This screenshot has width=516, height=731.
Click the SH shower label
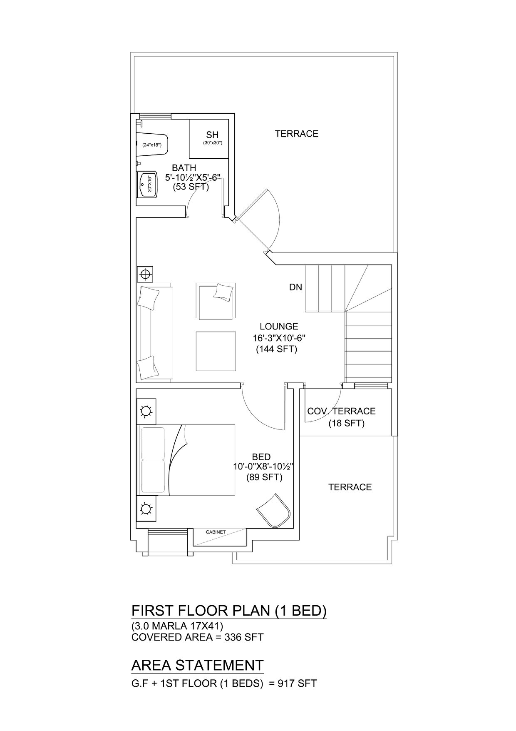212,135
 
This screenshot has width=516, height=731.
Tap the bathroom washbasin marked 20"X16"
147,185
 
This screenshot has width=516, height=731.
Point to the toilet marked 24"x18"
152,145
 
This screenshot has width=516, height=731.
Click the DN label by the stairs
296,287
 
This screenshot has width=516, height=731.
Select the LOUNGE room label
279,327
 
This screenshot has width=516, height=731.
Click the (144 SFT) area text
276,349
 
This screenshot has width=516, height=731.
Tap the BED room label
261,457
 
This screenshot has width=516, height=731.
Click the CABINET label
216,532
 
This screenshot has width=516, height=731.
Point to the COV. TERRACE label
341,411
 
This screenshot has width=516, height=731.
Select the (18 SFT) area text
347,424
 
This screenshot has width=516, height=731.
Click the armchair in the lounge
216,301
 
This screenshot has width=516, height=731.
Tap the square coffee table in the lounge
216,351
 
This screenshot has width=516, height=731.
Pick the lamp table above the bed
146,412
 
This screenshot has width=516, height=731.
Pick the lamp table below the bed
146,509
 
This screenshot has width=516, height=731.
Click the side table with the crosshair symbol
145,274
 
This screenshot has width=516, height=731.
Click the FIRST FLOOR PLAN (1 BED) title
229,611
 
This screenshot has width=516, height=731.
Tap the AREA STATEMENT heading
198,665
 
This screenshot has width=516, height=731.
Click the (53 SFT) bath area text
191,187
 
